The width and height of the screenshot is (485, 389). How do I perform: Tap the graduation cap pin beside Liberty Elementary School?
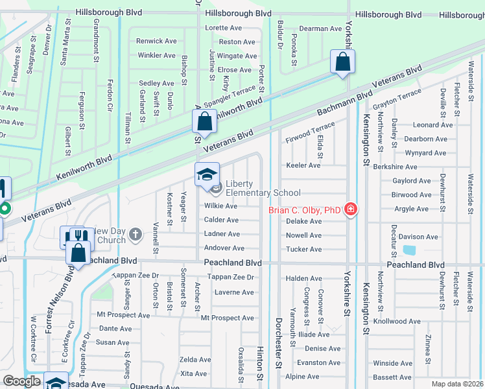207,174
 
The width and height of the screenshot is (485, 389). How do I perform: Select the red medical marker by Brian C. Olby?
351,209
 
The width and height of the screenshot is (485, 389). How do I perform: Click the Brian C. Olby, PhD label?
305,209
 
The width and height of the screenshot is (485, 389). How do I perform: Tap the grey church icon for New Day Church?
135,235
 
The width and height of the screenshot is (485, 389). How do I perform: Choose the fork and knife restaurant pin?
72,237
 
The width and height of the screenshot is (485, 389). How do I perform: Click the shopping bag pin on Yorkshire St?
342,62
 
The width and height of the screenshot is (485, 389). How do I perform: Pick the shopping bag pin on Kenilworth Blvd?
204,121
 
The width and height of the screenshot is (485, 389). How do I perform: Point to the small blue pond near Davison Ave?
410,250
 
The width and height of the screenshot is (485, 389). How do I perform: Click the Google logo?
21,381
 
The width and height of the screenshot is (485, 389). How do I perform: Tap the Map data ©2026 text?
458,384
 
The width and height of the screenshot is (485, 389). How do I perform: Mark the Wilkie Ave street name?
221,206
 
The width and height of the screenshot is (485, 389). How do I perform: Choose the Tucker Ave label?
303,250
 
